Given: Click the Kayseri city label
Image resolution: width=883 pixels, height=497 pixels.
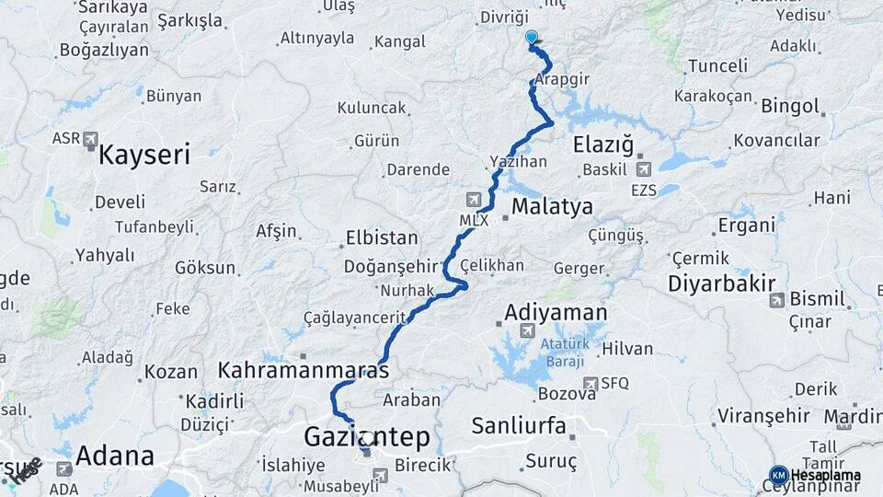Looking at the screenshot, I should pos(143,154).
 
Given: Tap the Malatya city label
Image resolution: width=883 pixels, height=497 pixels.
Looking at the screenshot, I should pos(552,205).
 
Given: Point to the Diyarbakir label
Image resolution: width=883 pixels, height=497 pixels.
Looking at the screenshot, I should pos(722,283).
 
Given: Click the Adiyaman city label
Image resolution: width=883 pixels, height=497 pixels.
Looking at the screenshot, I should pos(556,313).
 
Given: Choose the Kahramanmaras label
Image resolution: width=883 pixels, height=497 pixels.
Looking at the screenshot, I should pos(304,369).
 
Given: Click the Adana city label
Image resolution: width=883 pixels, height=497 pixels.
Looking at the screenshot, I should pos(115,455).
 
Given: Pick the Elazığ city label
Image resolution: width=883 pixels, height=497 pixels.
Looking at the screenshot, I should pos(603,144).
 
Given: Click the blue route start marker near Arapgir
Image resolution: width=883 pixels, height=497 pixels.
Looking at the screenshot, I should pos(531,38).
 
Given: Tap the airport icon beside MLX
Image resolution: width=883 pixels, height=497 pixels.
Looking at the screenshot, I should pos(473,200).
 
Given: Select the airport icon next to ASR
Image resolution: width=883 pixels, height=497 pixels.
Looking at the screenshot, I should pos(90,139).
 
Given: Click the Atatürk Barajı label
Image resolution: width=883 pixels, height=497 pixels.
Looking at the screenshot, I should pos(562,354).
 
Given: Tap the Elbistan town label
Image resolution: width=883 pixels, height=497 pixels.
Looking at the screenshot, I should pos(381,237).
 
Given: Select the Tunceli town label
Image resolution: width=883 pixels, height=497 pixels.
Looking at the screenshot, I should pos(717,66).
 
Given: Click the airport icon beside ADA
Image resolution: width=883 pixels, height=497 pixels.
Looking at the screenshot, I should pos(64,468).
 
